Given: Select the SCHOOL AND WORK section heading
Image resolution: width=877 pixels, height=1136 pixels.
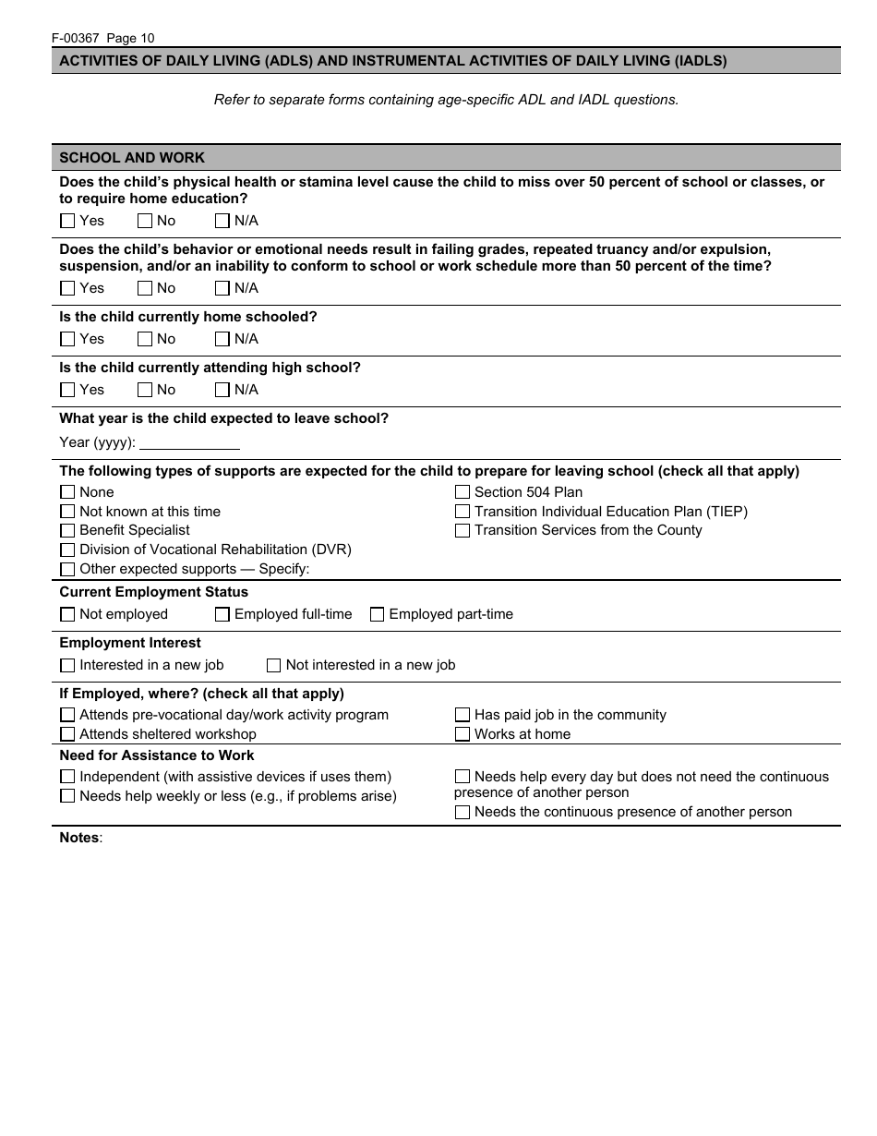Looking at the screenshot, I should point(132,158).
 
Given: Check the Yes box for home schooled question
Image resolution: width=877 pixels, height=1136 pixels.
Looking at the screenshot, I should point(67,339).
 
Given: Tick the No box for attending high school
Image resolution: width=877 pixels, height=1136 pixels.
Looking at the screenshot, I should point(145,390).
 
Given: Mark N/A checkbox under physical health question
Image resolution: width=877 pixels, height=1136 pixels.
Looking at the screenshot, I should point(222,221).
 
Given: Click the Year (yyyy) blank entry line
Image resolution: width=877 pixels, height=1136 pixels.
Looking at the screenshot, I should point(189,442).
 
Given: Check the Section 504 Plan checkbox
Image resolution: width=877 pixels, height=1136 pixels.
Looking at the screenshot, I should point(463,492).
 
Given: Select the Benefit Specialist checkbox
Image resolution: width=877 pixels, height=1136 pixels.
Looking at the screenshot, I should point(67,530).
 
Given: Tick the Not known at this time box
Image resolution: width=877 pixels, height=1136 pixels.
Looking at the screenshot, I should point(67,512).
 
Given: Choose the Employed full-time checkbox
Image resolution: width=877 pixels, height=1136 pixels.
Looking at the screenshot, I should point(222,614).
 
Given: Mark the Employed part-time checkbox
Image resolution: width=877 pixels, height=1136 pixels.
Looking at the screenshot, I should point(377,614).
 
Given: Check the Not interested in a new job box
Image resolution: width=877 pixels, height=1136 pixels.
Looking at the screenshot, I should point(274,665).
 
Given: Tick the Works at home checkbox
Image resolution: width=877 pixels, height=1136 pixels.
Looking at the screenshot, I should point(463,734).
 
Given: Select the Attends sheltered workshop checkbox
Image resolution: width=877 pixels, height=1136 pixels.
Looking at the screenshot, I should point(67,734).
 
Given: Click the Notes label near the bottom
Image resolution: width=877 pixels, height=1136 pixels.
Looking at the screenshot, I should point(79,838).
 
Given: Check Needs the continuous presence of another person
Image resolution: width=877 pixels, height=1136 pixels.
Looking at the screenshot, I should point(463,813).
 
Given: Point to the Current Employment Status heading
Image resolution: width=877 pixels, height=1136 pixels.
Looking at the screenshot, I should point(153,592).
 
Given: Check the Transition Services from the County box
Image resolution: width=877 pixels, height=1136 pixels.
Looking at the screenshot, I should point(463,530).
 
